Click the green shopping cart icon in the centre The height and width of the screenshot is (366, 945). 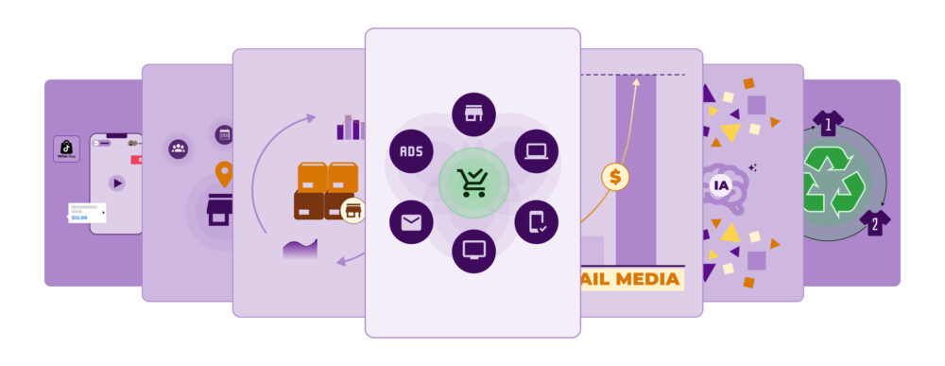[x=473, y=183]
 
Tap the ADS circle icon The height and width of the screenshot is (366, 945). [x=411, y=151]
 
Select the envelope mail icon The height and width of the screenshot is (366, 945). [x=411, y=222]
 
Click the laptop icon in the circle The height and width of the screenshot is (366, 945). [x=537, y=151]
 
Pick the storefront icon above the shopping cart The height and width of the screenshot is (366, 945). [x=473, y=114]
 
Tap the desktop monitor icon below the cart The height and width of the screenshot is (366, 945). [x=473, y=251]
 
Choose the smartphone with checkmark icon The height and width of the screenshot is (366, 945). [x=537, y=222]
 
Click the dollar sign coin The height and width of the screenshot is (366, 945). [x=616, y=176]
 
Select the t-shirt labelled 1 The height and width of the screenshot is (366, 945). [x=828, y=123]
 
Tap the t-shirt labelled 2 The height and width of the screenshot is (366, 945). [x=874, y=223]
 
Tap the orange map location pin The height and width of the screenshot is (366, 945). [x=224, y=174]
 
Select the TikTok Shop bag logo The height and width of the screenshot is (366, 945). [x=66, y=148]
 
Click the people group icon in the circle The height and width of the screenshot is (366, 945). [x=179, y=148]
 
